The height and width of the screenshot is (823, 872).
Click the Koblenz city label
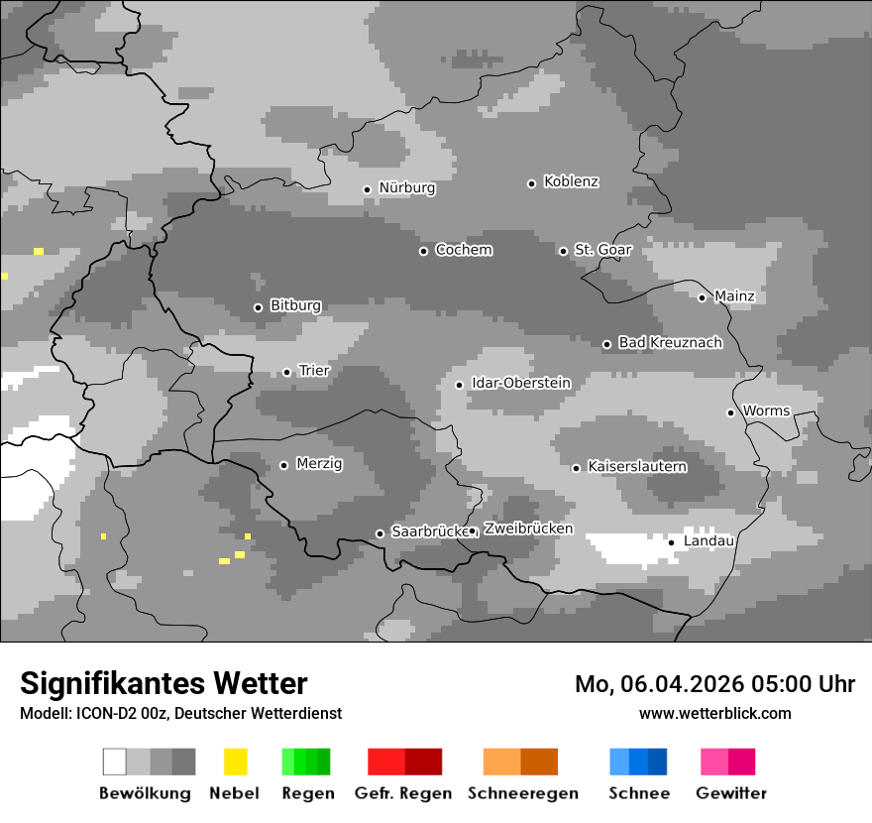[571, 181]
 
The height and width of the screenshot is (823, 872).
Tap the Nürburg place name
[406, 187]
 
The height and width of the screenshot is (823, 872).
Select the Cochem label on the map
[463, 250]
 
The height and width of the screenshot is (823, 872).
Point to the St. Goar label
[602, 250]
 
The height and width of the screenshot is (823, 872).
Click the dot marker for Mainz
[702, 297]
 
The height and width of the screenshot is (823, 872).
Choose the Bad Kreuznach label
[670, 343]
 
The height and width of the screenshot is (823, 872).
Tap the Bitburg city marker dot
[258, 307]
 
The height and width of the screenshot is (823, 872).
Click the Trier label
[314, 371]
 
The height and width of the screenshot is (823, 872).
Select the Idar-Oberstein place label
[520, 383]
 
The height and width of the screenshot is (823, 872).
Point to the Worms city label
[766, 411]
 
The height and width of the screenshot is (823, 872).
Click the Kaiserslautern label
[636, 466]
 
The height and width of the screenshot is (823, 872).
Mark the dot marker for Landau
[671, 542]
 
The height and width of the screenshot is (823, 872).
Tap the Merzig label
[319, 463]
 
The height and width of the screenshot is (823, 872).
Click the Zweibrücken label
[528, 529]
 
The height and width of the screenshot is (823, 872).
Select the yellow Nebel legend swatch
[235, 762]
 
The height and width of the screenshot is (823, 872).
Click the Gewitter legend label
[730, 793]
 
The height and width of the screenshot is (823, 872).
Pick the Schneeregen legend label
[522, 793]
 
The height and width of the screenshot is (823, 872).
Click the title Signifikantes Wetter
[163, 683]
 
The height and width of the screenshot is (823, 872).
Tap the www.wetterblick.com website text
[714, 713]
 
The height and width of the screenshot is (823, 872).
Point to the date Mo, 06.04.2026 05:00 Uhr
[714, 684]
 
